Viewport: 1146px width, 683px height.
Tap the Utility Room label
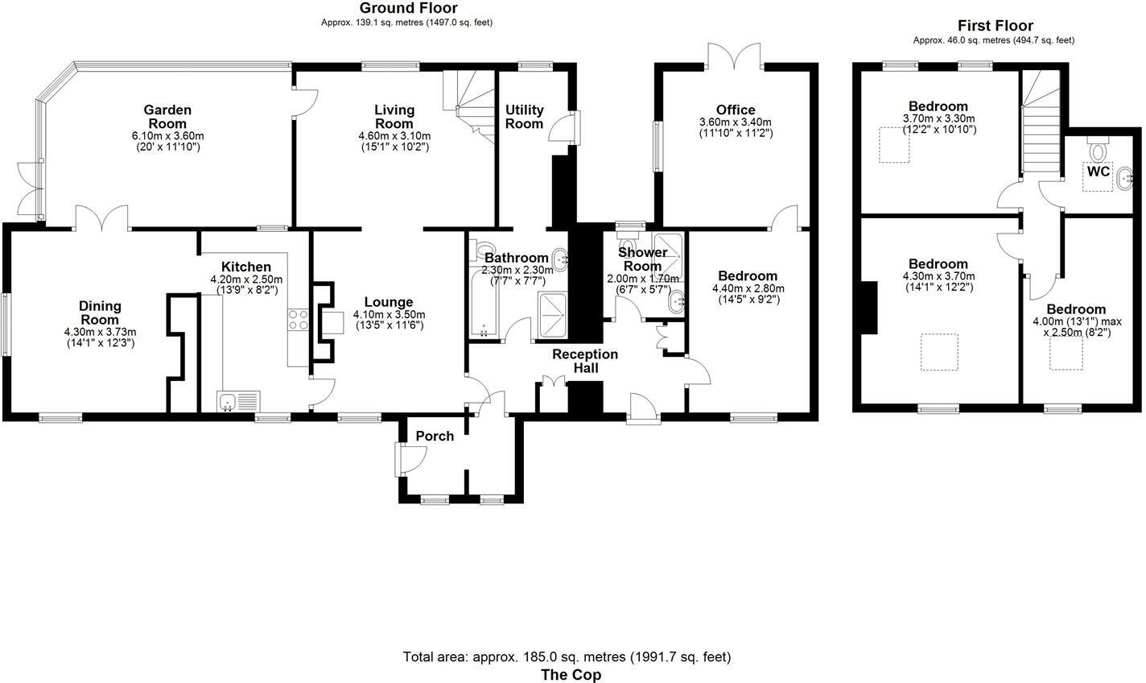coord(524,117)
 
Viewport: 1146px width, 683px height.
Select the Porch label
coord(435,436)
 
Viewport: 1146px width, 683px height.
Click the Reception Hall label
coord(584,361)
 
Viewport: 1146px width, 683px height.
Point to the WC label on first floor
coord(1099,172)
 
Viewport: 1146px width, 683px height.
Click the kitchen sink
coord(237,400)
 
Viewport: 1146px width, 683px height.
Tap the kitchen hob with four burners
coord(298,320)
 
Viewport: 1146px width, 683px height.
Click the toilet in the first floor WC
coord(1098,151)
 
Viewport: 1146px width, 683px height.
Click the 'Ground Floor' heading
coord(408,8)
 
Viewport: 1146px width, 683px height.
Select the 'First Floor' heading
coord(995,26)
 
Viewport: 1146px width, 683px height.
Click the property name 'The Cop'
coord(571,675)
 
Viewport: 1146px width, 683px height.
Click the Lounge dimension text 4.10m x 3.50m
coord(390,315)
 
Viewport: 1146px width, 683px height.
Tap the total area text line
coord(567,656)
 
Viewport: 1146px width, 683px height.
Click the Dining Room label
coord(100,313)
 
